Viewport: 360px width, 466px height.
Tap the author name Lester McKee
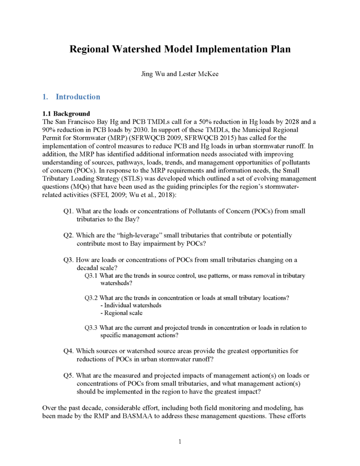[201, 74]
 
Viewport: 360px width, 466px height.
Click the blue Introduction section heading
[78, 97]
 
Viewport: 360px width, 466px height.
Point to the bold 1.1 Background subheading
[66, 113]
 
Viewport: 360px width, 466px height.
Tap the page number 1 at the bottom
[180, 441]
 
